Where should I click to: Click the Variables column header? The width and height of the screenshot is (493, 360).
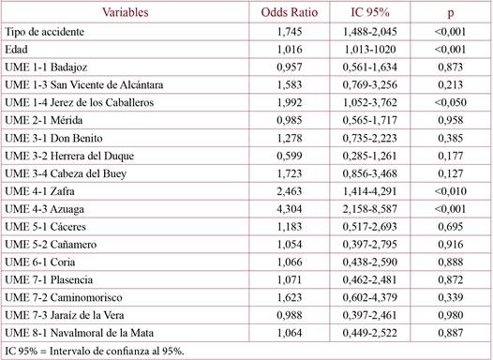tap(125, 12)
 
